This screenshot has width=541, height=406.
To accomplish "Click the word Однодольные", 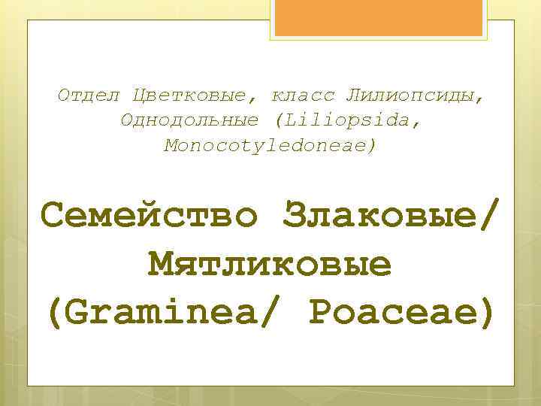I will [189, 120].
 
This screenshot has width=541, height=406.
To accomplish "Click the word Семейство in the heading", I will [150, 218].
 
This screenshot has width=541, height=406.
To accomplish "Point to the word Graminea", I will [173, 311].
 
